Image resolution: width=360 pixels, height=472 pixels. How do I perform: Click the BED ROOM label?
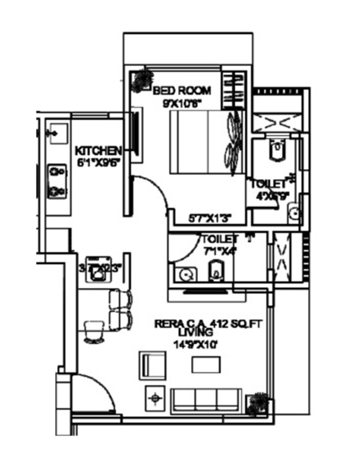pyautogui.click(x=182, y=91)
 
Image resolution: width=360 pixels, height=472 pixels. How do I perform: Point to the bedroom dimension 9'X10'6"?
pyautogui.click(x=182, y=103)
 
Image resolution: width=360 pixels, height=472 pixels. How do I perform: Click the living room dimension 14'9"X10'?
pyautogui.click(x=195, y=345)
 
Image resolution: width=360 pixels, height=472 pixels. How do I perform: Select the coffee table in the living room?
pyautogui.click(x=206, y=364)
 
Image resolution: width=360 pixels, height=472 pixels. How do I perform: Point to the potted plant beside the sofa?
pyautogui.click(x=259, y=401)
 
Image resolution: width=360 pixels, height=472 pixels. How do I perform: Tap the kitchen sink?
pyautogui.click(x=58, y=134)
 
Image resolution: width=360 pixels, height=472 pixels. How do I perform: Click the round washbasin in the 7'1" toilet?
pyautogui.click(x=184, y=273)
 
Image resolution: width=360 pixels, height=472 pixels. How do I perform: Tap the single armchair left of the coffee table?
pyautogui.click(x=153, y=364)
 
